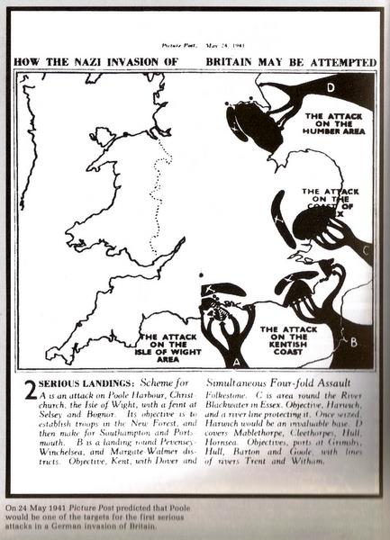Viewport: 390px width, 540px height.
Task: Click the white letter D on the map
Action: coord(331,87)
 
